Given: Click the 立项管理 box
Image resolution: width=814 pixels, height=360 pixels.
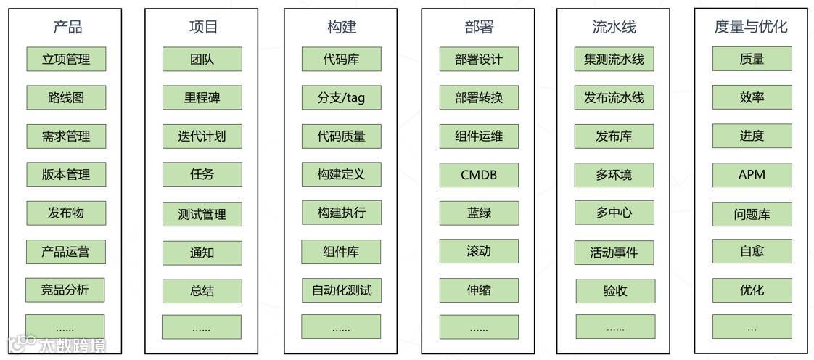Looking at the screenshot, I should (66, 60).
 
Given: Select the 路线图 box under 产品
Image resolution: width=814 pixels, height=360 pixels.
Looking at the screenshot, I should (66, 97).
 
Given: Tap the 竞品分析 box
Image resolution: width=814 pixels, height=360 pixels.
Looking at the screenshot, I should (65, 290).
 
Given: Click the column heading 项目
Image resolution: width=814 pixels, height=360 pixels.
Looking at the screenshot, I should (203, 28).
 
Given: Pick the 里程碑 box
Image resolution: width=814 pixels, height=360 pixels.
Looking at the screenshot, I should (202, 97).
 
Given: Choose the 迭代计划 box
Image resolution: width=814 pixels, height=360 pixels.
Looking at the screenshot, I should (202, 136).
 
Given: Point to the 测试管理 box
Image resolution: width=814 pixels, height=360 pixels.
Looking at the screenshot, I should (202, 214).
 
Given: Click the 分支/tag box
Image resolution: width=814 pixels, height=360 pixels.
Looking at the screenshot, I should (341, 97).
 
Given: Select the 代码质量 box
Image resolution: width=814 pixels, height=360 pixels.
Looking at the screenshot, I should (341, 136).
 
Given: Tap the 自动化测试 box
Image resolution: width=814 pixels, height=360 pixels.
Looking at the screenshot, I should (341, 290).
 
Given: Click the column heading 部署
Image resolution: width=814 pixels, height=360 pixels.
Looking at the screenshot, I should (479, 28).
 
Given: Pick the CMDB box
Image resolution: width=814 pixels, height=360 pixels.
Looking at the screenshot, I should (479, 174).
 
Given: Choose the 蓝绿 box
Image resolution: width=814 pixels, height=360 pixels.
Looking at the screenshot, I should (479, 213).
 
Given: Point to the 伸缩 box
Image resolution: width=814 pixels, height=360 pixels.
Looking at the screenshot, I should (479, 290).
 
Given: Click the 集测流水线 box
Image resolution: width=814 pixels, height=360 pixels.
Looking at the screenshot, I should (614, 60).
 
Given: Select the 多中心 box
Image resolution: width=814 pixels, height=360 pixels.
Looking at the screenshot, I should (614, 213).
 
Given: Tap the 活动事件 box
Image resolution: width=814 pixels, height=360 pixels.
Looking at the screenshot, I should (614, 253).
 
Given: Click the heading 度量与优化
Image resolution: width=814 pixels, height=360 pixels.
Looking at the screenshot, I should (751, 28).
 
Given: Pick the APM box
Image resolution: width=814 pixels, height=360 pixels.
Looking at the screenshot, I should (752, 174).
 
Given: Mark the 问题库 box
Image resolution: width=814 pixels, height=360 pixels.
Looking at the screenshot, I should (752, 214).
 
